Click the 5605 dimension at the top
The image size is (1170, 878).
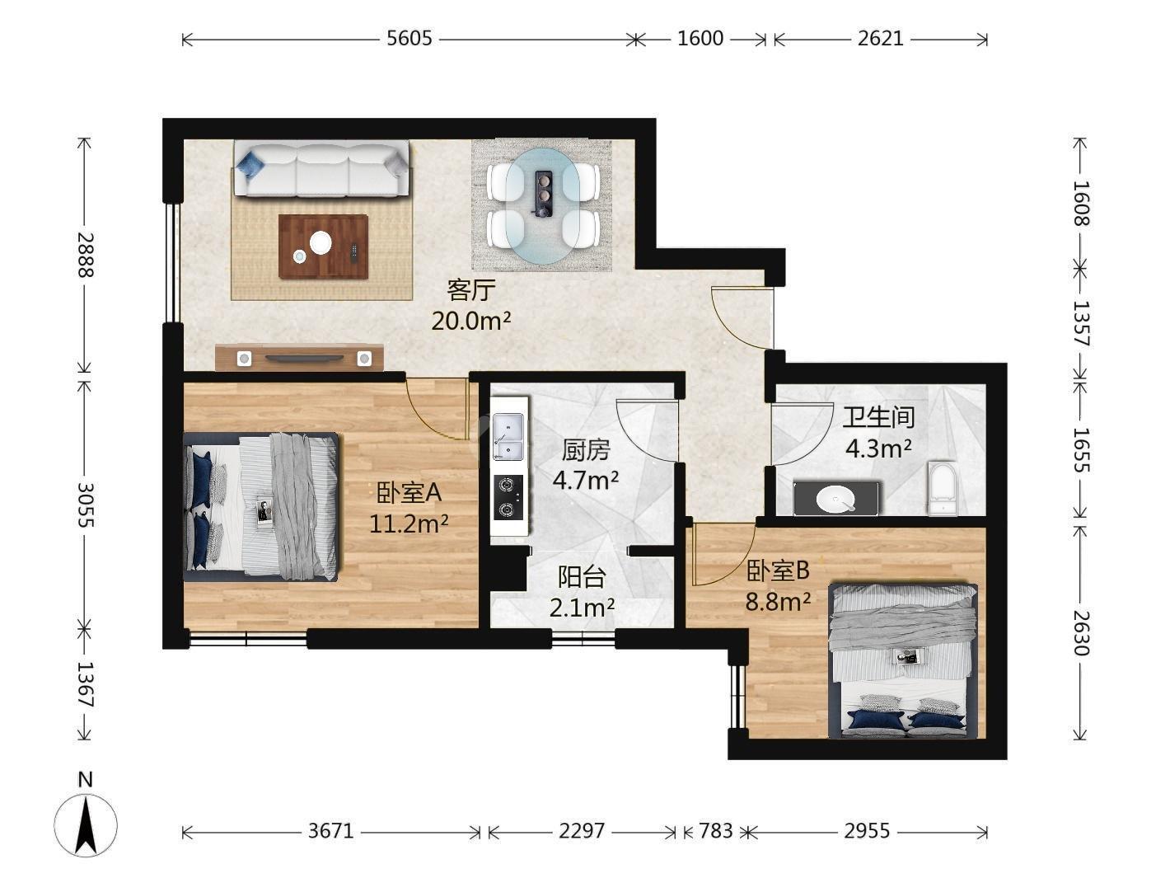[x=409, y=39]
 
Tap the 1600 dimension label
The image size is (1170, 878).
[x=700, y=39]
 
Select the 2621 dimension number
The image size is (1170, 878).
[x=880, y=39]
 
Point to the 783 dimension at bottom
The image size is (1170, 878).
[x=716, y=830]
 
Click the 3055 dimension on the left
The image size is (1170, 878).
[x=86, y=505]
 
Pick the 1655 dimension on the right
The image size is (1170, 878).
[x=1081, y=449]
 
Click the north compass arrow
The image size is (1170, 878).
[x=86, y=826]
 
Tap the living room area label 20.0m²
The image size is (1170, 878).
[x=471, y=321]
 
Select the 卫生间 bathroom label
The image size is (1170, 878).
[x=878, y=417]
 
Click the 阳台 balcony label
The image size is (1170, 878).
[x=582, y=576]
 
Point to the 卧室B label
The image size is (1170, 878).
[x=778, y=570]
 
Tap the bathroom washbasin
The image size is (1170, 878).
[x=835, y=499]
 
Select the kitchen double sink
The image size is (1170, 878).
[x=509, y=437]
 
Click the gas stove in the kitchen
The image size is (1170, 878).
[x=508, y=497]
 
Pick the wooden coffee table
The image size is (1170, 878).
[x=324, y=246]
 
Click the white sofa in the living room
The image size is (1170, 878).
[x=321, y=169]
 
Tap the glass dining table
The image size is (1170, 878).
[x=543, y=206]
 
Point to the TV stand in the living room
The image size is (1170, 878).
[x=299, y=357]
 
